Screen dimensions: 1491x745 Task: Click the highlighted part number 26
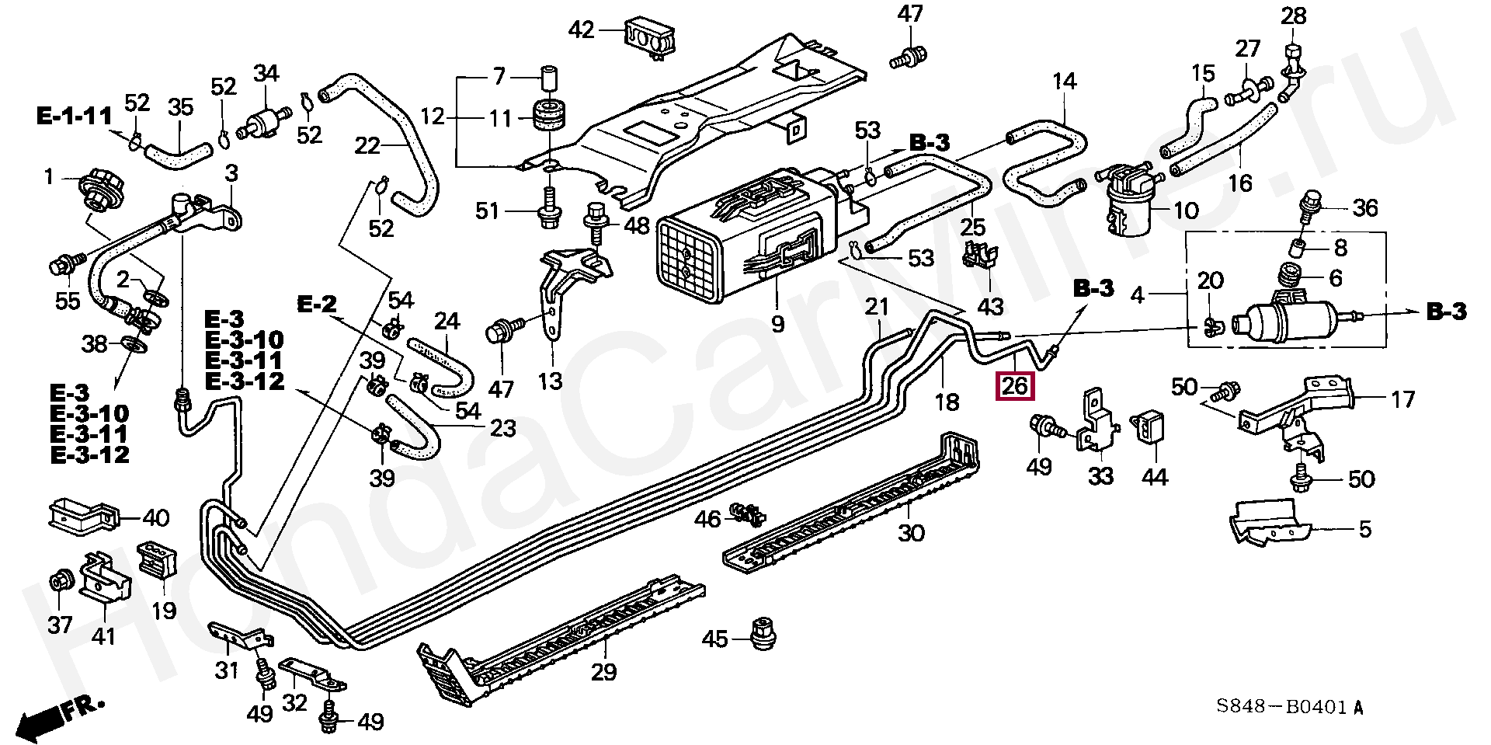click(x=1015, y=385)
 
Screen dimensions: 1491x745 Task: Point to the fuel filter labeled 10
click(x=1127, y=200)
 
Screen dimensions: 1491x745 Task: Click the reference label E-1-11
click(x=74, y=117)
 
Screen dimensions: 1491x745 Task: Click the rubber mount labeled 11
click(x=549, y=116)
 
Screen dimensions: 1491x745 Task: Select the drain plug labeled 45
click(x=764, y=632)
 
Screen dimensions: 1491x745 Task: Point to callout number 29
click(x=603, y=672)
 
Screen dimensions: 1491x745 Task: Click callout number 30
click(x=911, y=533)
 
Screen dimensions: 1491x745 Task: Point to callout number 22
click(x=368, y=145)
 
